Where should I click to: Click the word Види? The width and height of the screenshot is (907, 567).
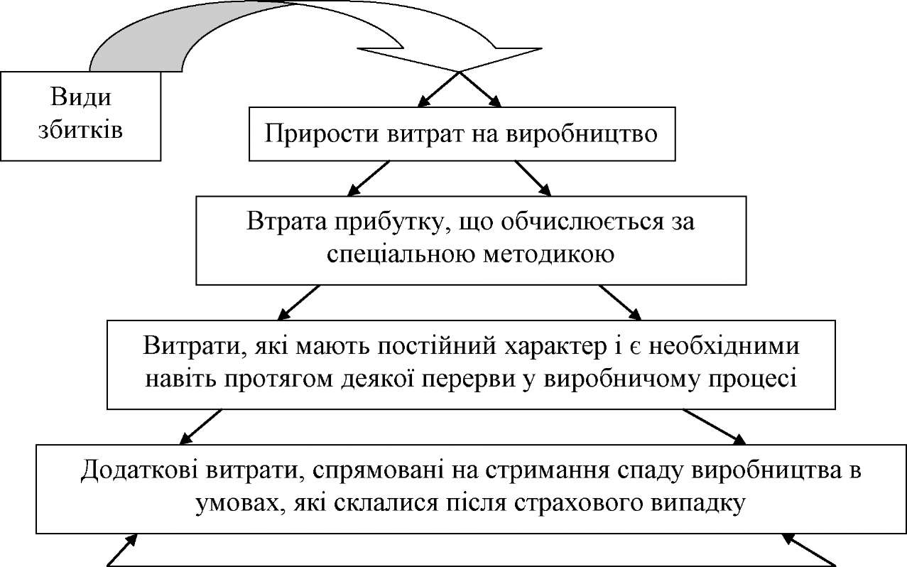(x=82, y=98)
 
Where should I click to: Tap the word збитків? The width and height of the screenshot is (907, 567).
(x=82, y=130)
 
